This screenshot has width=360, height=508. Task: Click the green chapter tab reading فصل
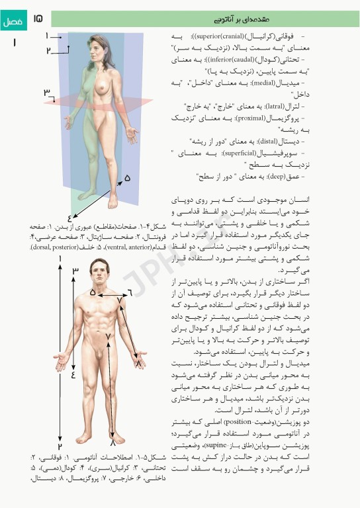pyautogui.click(x=13, y=21)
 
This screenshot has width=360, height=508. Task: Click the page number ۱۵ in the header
pyautogui.click(x=38, y=21)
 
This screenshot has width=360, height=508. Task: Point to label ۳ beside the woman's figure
pyautogui.click(x=47, y=93)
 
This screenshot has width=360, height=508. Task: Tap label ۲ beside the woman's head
pyautogui.click(x=49, y=50)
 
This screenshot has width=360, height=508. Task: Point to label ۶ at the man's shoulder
pyautogui.click(x=129, y=292)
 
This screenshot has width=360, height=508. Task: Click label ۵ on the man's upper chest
pyautogui.click(x=93, y=292)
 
